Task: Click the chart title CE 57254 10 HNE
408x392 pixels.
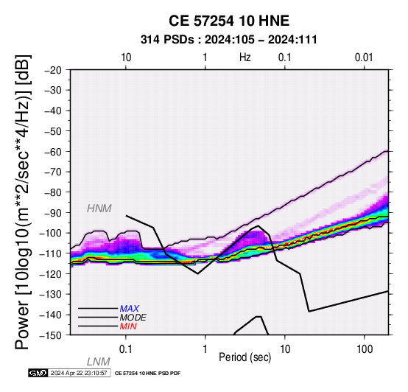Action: pyautogui.click(x=229, y=21)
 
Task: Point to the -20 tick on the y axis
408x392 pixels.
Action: pyautogui.click(x=52, y=70)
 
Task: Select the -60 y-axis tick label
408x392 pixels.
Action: pyautogui.click(x=52, y=152)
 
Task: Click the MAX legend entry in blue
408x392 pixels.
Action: pyautogui.click(x=130, y=309)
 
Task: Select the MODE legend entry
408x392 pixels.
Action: pyautogui.click(x=133, y=318)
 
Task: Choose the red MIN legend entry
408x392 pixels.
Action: pyautogui.click(x=128, y=326)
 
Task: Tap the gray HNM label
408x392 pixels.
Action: pyautogui.click(x=99, y=209)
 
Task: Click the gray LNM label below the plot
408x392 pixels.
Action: pyautogui.click(x=99, y=362)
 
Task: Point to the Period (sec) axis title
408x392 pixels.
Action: pyautogui.click(x=245, y=357)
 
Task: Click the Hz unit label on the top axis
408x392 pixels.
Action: pyautogui.click(x=245, y=57)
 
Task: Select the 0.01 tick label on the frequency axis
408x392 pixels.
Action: pyautogui.click(x=364, y=57)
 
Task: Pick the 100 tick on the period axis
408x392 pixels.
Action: pyautogui.click(x=365, y=349)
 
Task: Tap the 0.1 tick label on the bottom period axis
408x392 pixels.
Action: pyautogui.click(x=126, y=349)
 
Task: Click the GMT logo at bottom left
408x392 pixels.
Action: pyautogui.click(x=38, y=373)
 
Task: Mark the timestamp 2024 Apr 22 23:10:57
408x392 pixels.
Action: pyautogui.click(x=79, y=373)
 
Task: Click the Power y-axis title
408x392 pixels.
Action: pyautogui.click(x=23, y=202)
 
